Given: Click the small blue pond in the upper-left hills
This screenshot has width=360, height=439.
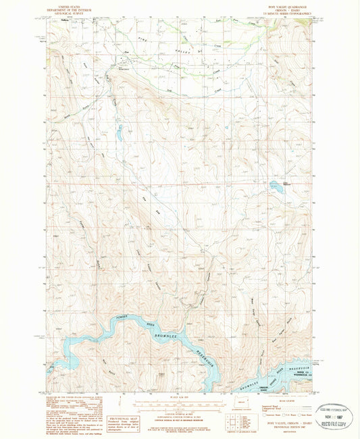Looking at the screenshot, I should click(x=118, y=133).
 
